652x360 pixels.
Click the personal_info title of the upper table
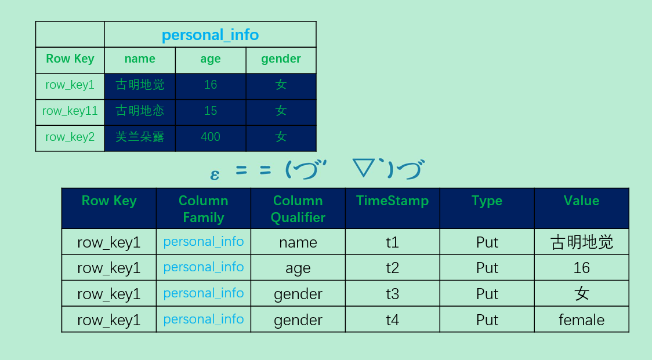[x=210, y=35]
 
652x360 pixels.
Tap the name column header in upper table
[x=140, y=59]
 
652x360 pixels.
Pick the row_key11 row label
[x=70, y=111]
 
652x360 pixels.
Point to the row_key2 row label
[x=70, y=137]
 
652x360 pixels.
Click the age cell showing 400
[x=211, y=137]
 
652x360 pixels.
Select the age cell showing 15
[x=211, y=111]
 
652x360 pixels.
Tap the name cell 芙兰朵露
[x=140, y=137]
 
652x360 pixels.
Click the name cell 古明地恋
[x=140, y=111]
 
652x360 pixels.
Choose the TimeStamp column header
[x=392, y=201]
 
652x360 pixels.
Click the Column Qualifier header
[x=298, y=209]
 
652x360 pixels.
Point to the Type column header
[x=487, y=201]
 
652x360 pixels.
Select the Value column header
[x=581, y=201]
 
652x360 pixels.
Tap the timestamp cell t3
[x=392, y=294]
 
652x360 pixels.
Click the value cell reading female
[x=581, y=320]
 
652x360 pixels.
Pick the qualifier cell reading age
[x=298, y=268]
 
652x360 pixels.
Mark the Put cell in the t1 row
[x=487, y=242]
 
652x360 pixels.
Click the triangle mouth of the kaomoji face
[x=364, y=168]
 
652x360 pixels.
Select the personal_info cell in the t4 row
[x=204, y=319]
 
